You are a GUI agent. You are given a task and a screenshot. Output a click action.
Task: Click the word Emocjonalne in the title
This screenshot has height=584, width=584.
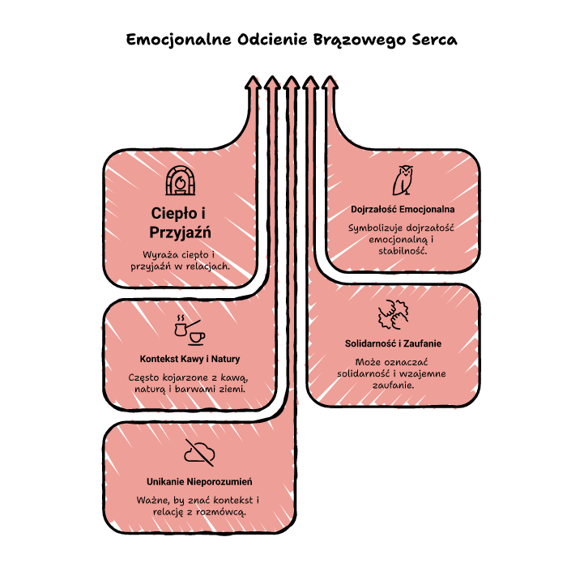coord(179,40)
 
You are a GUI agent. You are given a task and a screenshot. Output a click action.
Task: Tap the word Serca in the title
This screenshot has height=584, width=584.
coord(435,40)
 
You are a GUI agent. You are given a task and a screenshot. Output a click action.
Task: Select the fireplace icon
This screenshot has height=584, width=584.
coord(181,181)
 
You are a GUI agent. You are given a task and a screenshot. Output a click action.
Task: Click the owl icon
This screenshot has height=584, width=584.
coord(403,181)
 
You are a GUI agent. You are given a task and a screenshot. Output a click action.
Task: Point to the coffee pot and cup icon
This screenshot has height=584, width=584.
coord(190,330)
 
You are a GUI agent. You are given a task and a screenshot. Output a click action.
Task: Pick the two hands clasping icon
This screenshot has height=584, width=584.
coord(393,315)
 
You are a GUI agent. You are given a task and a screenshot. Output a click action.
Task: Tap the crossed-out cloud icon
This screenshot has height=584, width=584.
coord(199,453)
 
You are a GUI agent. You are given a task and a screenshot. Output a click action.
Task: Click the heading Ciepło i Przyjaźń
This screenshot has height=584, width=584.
coord(180,223)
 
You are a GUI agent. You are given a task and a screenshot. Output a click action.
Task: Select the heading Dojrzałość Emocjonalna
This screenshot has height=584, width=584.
coord(403,209)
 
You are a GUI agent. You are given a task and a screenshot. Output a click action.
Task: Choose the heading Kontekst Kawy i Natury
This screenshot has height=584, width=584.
coord(190,359)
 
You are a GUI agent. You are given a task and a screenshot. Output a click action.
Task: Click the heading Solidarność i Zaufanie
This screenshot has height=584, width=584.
coord(393,343)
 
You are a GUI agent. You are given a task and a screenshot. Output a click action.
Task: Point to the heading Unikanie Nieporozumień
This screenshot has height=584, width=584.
coord(199,482)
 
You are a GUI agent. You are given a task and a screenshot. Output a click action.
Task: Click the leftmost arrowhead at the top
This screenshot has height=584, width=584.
coord(253,83)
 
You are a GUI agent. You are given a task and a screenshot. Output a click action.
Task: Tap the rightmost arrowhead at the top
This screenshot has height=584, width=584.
coord(330,83)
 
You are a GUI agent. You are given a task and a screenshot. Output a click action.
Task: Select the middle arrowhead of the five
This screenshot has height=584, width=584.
coord(292,83)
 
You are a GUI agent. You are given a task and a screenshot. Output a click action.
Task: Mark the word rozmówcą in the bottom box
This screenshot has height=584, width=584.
coord(221,513)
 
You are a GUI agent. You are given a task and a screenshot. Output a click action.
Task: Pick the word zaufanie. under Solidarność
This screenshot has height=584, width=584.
coord(394,385)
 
